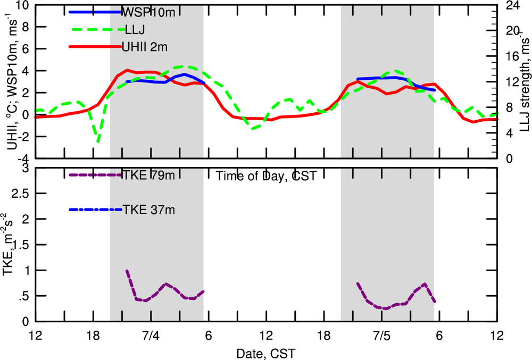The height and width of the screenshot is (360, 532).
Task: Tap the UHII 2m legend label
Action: click(145, 47)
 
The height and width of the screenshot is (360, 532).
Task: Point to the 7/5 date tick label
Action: click(382, 337)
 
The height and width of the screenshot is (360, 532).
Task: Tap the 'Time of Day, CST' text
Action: click(266, 176)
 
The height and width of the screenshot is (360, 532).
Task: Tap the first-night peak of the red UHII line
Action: click(127, 70)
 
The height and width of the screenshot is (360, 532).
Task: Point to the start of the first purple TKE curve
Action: click(127, 271)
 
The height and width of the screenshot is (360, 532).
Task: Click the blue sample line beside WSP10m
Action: click(95, 12)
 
